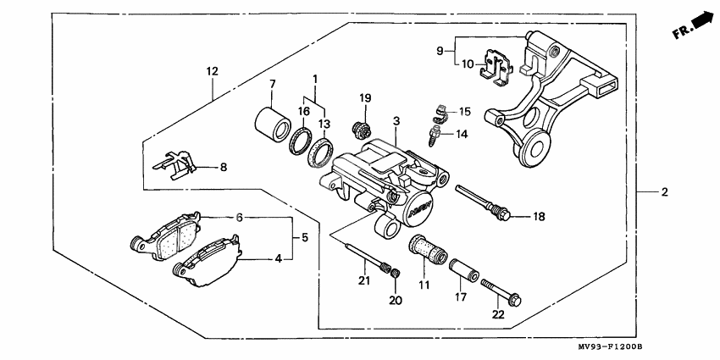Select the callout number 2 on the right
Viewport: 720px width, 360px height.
pos(665,192)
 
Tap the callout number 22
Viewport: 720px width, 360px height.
pos(497,314)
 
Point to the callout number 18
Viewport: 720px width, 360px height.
pos(539,217)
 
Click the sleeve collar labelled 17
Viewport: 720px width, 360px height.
pos(464,271)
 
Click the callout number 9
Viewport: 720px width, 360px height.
pos(440,51)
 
